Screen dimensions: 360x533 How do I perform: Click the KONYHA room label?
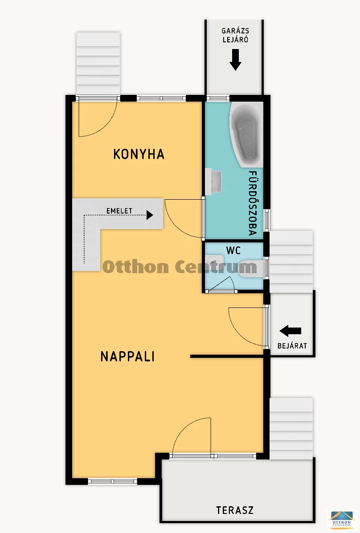click(139, 154)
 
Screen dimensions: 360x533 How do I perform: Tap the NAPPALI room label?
click(127, 357)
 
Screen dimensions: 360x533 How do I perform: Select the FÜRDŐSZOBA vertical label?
click(252, 203)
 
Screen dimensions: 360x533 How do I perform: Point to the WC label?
click(233, 250)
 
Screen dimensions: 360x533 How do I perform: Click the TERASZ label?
click(234, 510)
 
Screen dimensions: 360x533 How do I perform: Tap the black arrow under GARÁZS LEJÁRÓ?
click(235, 60)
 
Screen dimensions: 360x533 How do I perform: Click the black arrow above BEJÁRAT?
click(290, 331)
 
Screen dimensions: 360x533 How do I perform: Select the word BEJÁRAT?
click(292, 346)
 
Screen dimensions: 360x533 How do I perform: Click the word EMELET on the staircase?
click(119, 211)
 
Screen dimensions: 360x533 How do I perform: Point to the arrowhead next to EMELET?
click(150, 215)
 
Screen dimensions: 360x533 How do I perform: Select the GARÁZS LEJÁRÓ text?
click(235, 35)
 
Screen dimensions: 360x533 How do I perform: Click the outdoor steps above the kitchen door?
click(98, 63)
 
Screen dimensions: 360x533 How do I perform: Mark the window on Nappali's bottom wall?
click(113, 481)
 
